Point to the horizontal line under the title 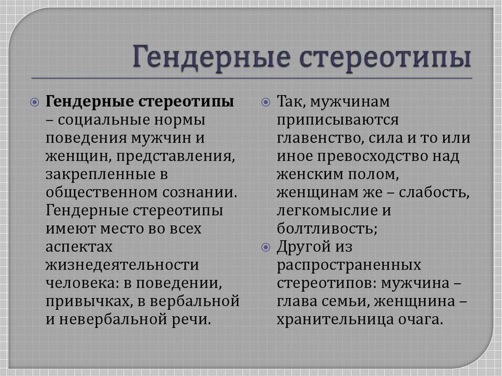coord(251,78)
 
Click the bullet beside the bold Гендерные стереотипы coord(35,102)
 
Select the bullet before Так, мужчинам coord(266,102)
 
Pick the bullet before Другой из coord(266,248)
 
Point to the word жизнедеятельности coord(122,266)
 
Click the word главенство coord(320,139)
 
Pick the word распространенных coord(349,266)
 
